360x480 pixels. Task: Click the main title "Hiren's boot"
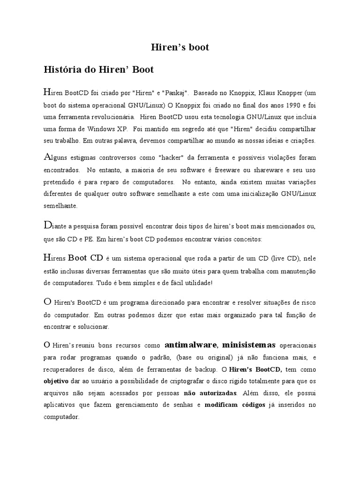tap(180, 47)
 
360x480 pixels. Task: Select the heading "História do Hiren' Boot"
tap(98, 70)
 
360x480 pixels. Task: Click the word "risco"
tap(307, 302)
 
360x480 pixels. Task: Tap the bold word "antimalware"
tap(191, 345)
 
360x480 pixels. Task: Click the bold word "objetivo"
tap(56, 382)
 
